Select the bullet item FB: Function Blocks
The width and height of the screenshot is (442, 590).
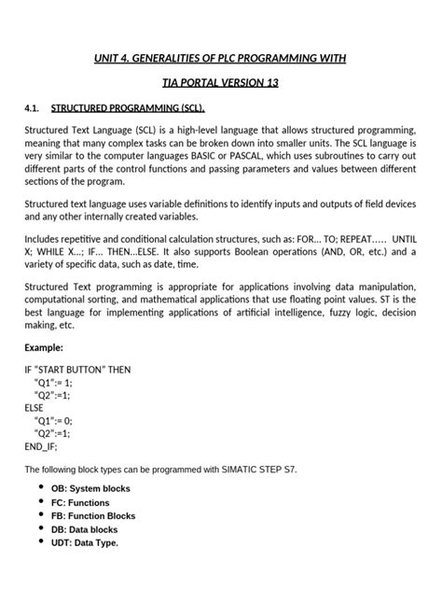(93, 515)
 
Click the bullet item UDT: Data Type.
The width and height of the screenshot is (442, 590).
(85, 542)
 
